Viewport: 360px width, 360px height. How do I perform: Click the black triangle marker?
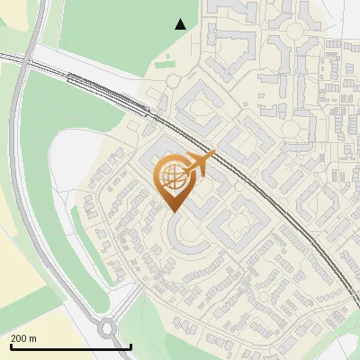click(181, 24)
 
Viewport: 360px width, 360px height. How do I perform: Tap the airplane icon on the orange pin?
click(199, 164)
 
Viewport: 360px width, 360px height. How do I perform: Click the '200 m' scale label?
click(23, 337)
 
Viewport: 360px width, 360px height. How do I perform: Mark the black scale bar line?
click(71, 346)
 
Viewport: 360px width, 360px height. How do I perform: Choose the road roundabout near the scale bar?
click(106, 328)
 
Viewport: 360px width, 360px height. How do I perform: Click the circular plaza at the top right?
click(294, 32)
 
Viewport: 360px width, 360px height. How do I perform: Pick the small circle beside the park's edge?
click(173, 81)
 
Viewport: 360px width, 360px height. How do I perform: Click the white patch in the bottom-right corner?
click(346, 349)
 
